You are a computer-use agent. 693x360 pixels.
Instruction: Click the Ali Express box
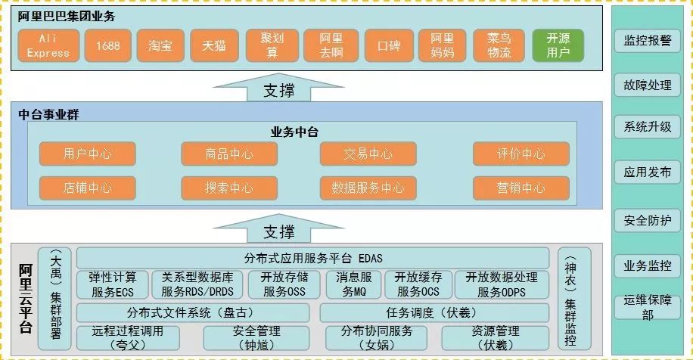[48, 46]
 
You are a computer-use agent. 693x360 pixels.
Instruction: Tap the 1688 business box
[107, 46]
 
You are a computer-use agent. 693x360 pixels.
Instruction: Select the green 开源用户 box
[559, 46]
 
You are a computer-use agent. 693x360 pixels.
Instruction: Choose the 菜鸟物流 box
[499, 46]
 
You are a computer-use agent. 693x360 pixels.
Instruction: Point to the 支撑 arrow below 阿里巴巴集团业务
[278, 88]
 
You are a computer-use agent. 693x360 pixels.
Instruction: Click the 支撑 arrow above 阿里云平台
[278, 228]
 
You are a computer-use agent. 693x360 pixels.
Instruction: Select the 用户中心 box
[88, 154]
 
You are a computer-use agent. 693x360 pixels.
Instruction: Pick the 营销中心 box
[521, 188]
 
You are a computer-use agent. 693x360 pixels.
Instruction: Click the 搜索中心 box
[228, 188]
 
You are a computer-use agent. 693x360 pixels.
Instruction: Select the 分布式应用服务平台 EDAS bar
[312, 258]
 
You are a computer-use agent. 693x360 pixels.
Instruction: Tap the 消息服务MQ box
[353, 284]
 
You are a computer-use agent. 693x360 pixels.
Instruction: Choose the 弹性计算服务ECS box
[112, 284]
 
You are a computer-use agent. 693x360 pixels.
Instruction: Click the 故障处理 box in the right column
[647, 85]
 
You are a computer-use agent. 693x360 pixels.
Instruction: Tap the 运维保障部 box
[647, 308]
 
